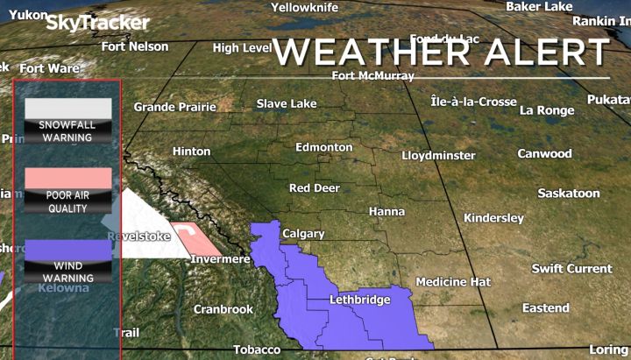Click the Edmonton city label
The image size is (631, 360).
[x=323, y=147]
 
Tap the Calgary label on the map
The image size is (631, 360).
[x=303, y=234]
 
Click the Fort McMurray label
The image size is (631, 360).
[x=373, y=76]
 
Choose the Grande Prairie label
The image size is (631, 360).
[x=174, y=107]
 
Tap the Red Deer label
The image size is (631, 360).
[x=314, y=188]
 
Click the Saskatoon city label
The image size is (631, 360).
[x=568, y=193]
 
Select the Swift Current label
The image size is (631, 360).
[x=571, y=268]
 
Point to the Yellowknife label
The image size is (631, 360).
[x=303, y=7]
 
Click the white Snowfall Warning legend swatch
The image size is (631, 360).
[x=67, y=108]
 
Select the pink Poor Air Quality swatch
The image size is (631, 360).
[x=67, y=178]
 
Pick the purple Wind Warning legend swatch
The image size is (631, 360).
[x=67, y=249]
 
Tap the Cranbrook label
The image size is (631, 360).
[x=223, y=309]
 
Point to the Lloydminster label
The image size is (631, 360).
[x=438, y=155]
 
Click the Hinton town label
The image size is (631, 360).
[x=191, y=152]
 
